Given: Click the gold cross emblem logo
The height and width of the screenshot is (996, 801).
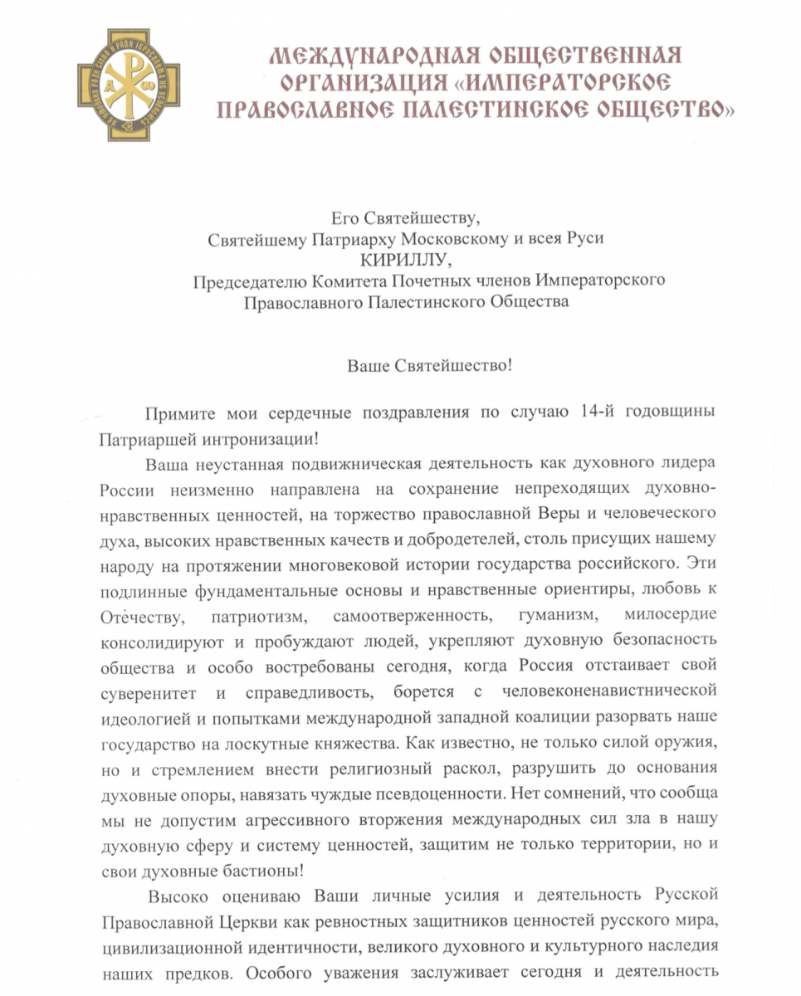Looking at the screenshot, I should (129, 84).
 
